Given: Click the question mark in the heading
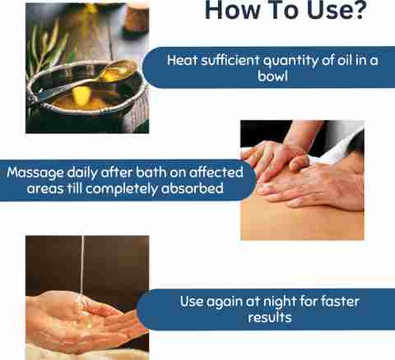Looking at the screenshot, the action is (x=358, y=10).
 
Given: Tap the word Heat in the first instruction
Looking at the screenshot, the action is (x=182, y=60).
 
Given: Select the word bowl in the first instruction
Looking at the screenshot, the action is (x=272, y=76).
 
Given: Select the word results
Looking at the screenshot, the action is (x=270, y=317).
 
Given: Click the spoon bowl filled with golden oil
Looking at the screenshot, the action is (x=118, y=71).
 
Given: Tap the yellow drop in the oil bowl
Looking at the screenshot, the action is (x=81, y=95).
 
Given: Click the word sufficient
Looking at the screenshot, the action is (x=230, y=60).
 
